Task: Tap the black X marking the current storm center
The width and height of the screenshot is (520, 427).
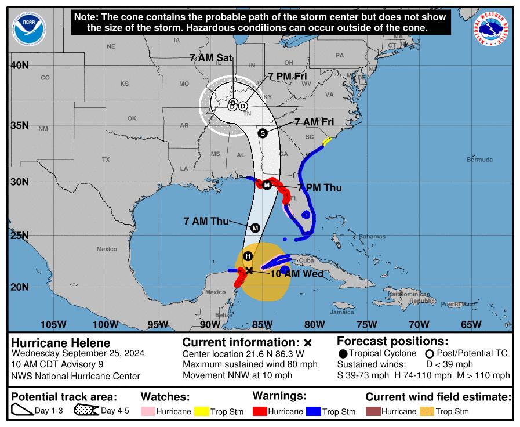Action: (x=249, y=270)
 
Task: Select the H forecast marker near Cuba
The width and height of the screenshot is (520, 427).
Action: (x=248, y=256)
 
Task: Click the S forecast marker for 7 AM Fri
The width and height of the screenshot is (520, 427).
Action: (x=262, y=133)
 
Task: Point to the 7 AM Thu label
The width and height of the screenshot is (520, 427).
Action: (x=206, y=221)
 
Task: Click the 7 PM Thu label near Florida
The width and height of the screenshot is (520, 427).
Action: (x=319, y=187)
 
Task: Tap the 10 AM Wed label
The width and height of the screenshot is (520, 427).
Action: (x=296, y=274)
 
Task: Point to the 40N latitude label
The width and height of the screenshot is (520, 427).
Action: (x=20, y=65)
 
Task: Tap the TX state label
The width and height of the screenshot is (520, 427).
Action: (x=106, y=159)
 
